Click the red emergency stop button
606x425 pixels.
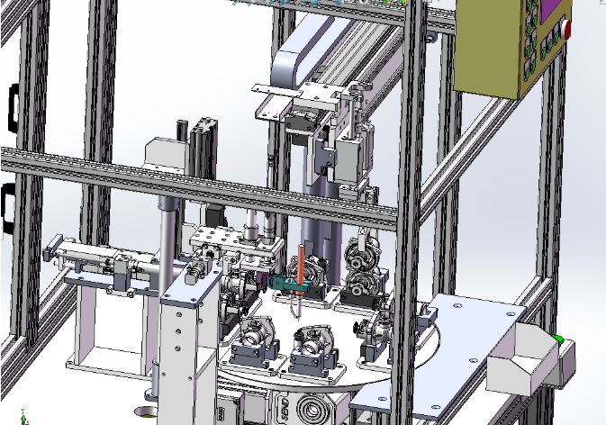coord(567,28)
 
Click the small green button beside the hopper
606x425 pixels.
coord(559,339)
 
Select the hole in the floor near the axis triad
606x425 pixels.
coord(144,413)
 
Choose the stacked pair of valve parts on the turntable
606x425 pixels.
coord(365,266)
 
